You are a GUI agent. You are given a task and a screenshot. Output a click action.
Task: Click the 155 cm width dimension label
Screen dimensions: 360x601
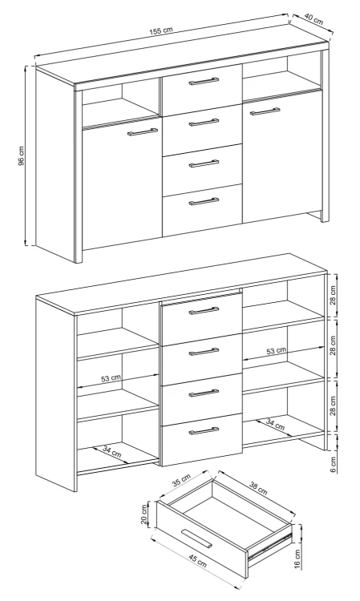click(x=161, y=30)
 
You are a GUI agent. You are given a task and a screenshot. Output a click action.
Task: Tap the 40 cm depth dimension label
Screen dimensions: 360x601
click(x=313, y=18)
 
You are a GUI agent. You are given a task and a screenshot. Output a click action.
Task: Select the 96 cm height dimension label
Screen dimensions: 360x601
click(x=22, y=155)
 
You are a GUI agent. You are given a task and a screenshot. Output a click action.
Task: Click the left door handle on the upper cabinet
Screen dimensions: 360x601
click(x=143, y=131)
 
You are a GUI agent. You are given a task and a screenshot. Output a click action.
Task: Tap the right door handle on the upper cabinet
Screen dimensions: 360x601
click(x=265, y=111)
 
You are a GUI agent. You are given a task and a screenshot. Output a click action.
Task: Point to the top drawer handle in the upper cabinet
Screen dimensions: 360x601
click(x=204, y=81)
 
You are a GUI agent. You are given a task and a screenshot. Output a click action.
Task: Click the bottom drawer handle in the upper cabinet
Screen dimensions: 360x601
click(x=204, y=201)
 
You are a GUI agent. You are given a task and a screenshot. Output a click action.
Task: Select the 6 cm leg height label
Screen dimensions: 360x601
click(x=333, y=464)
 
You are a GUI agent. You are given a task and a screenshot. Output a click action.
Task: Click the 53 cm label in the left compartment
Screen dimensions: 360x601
click(x=111, y=378)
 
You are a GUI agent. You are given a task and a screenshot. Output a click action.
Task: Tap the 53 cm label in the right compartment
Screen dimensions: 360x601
click(x=276, y=350)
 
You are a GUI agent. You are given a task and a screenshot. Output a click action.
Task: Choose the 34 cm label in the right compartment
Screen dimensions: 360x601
click(x=275, y=424)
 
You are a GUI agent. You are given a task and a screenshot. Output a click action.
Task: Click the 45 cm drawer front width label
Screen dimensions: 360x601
click(x=198, y=562)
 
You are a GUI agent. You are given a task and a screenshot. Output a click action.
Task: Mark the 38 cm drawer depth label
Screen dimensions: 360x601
click(x=258, y=490)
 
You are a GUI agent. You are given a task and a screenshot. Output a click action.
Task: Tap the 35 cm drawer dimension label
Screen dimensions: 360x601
click(x=181, y=480)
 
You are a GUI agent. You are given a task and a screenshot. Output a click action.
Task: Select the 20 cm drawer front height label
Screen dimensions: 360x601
click(x=144, y=514)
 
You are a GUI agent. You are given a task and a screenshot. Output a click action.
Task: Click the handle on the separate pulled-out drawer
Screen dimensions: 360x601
click(x=196, y=538)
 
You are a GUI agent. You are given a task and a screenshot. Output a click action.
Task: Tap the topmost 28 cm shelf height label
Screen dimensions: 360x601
click(x=333, y=294)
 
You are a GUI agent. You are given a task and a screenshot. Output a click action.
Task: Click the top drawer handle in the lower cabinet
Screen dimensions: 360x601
click(x=204, y=310)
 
